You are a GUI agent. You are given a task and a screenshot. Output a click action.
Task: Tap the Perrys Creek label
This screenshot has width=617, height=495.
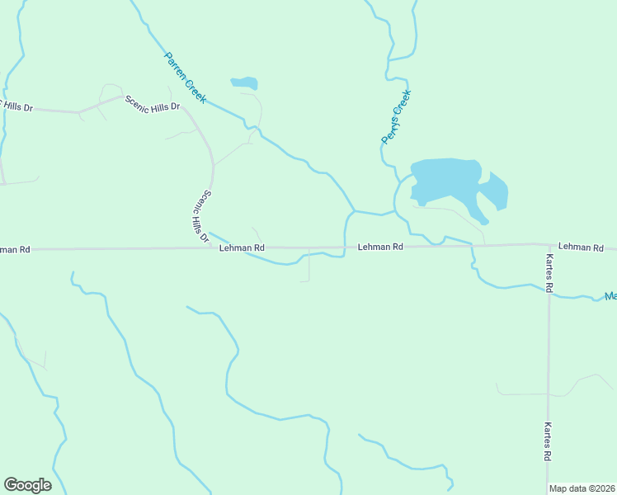tap(395, 117)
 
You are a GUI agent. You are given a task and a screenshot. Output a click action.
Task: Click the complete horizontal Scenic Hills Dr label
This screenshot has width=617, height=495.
tap(153, 104)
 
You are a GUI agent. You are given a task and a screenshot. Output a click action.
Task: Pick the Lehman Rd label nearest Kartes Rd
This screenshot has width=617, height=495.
tap(581, 247)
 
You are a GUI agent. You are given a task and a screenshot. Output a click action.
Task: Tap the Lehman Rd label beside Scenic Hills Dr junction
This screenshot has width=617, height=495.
tap(242, 247)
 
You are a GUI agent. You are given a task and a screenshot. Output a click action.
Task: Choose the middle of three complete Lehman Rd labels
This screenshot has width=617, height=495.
tap(380, 247)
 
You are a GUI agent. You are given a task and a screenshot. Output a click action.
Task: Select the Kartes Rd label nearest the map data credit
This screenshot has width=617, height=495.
tap(548, 442)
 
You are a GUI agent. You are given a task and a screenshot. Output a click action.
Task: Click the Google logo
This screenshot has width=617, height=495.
tap(27, 485)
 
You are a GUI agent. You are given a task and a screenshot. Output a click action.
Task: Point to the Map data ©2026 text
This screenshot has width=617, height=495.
tap(582, 488)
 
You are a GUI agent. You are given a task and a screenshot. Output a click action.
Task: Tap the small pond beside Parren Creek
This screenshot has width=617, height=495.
tap(245, 82)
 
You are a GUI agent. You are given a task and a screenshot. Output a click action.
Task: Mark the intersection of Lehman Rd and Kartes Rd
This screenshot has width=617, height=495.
tap(549, 244)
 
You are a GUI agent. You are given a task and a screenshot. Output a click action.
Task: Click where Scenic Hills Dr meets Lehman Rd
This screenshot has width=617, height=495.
tap(212, 247)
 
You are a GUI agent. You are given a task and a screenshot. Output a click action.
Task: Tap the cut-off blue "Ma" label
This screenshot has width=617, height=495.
tap(610, 296)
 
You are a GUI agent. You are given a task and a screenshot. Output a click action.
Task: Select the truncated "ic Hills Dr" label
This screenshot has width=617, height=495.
tap(16, 106)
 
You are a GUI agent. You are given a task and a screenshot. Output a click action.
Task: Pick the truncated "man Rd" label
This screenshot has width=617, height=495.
tap(15, 248)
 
